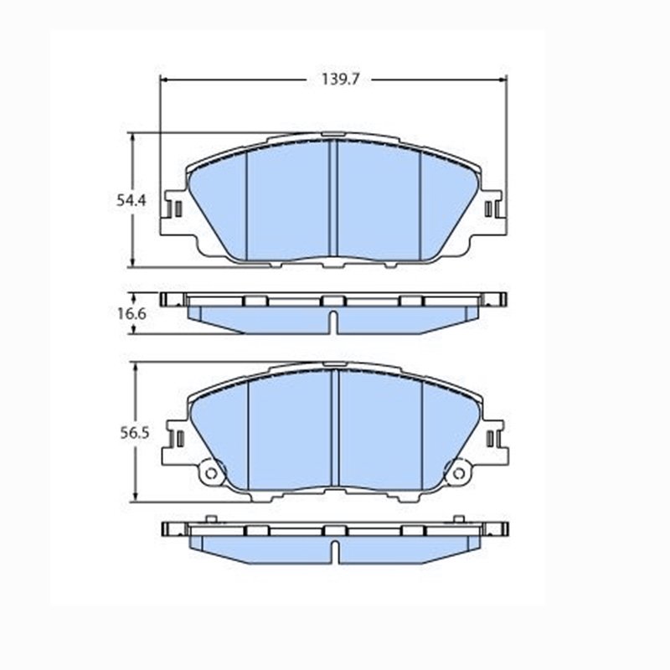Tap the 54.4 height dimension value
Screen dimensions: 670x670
click(x=131, y=200)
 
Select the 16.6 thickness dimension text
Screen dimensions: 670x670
click(x=131, y=313)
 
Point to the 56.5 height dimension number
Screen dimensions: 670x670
click(x=135, y=433)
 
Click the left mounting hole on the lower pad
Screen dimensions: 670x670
click(x=211, y=473)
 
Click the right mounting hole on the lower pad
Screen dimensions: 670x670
click(x=458, y=473)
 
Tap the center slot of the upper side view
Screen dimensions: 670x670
click(x=334, y=322)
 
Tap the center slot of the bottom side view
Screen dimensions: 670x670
click(x=336, y=552)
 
